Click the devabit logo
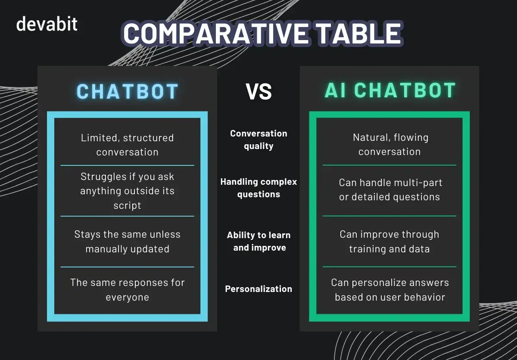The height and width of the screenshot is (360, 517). click(47, 24)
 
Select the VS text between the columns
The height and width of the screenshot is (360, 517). click(259, 92)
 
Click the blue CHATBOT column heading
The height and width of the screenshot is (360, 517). click(128, 91)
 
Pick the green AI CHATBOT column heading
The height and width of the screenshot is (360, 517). click(390, 91)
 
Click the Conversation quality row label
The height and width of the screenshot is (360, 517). click(258, 140)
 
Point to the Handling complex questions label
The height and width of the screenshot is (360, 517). click(258, 188)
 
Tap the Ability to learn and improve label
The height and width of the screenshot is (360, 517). click(258, 241)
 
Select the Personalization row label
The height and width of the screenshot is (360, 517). click(258, 289)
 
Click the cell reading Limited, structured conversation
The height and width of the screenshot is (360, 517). click(128, 145)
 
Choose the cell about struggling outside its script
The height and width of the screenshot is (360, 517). click(128, 191)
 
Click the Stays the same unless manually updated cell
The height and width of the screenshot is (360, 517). click(128, 242)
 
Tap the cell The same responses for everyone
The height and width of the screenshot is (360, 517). click(128, 290)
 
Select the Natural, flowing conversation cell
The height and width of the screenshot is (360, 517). click(389, 144)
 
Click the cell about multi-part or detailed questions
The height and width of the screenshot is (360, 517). click(389, 189)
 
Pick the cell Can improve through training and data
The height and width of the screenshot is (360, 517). click(389, 242)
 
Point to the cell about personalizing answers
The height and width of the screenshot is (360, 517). click(389, 290)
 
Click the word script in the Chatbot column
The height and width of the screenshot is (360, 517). click(128, 205)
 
